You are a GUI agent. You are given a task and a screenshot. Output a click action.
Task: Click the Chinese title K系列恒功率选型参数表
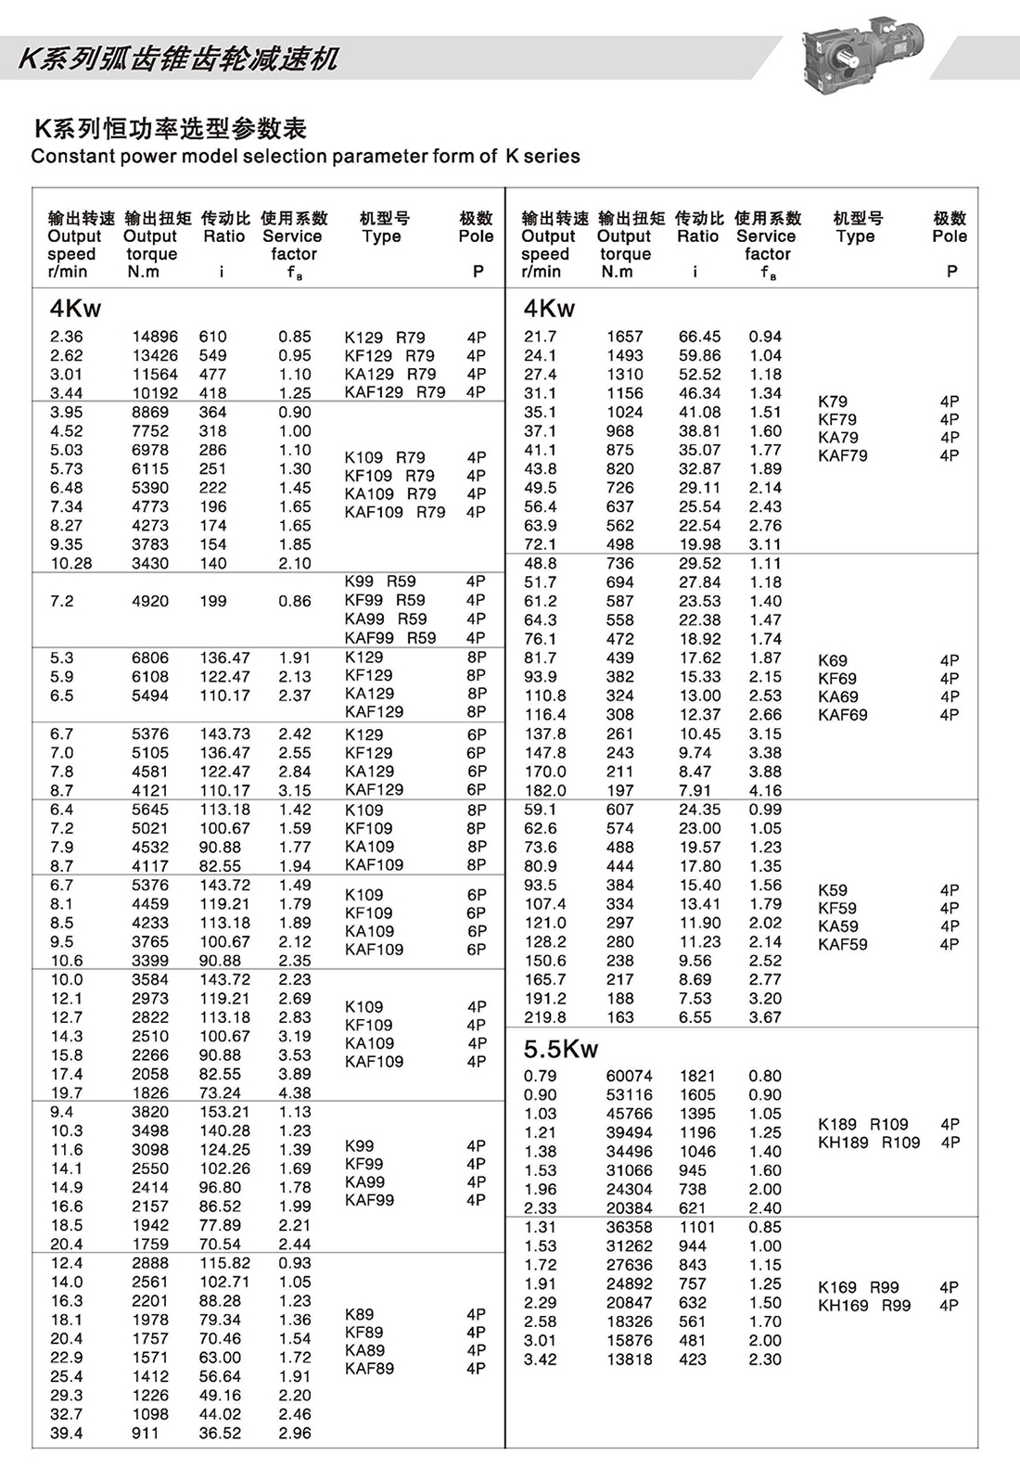click(x=171, y=129)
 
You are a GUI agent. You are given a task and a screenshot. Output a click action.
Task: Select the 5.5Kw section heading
click(x=561, y=1049)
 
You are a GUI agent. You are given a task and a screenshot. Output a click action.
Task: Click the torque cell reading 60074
click(x=629, y=1076)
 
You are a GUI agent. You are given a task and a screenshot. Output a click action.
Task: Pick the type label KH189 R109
click(x=868, y=1142)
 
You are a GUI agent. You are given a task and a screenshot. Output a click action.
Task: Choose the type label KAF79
click(x=842, y=455)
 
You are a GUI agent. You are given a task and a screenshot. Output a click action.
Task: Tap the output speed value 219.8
click(x=544, y=1017)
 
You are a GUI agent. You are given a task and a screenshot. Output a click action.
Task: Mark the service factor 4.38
click(x=294, y=1093)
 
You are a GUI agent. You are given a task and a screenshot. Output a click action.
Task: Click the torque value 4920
click(x=150, y=601)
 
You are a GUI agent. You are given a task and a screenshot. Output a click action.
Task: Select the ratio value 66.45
click(x=699, y=337)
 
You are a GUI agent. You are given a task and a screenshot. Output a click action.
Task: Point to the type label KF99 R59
click(x=384, y=600)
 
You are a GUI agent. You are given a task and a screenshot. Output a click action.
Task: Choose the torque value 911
click(x=146, y=1433)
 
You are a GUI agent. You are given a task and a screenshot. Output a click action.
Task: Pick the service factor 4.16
click(x=765, y=790)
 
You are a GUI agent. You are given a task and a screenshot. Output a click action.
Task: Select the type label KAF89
click(x=369, y=1368)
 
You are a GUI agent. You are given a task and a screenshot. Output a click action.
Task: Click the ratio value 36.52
click(x=220, y=1433)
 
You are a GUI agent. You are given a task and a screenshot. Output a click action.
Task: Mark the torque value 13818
click(x=629, y=1359)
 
